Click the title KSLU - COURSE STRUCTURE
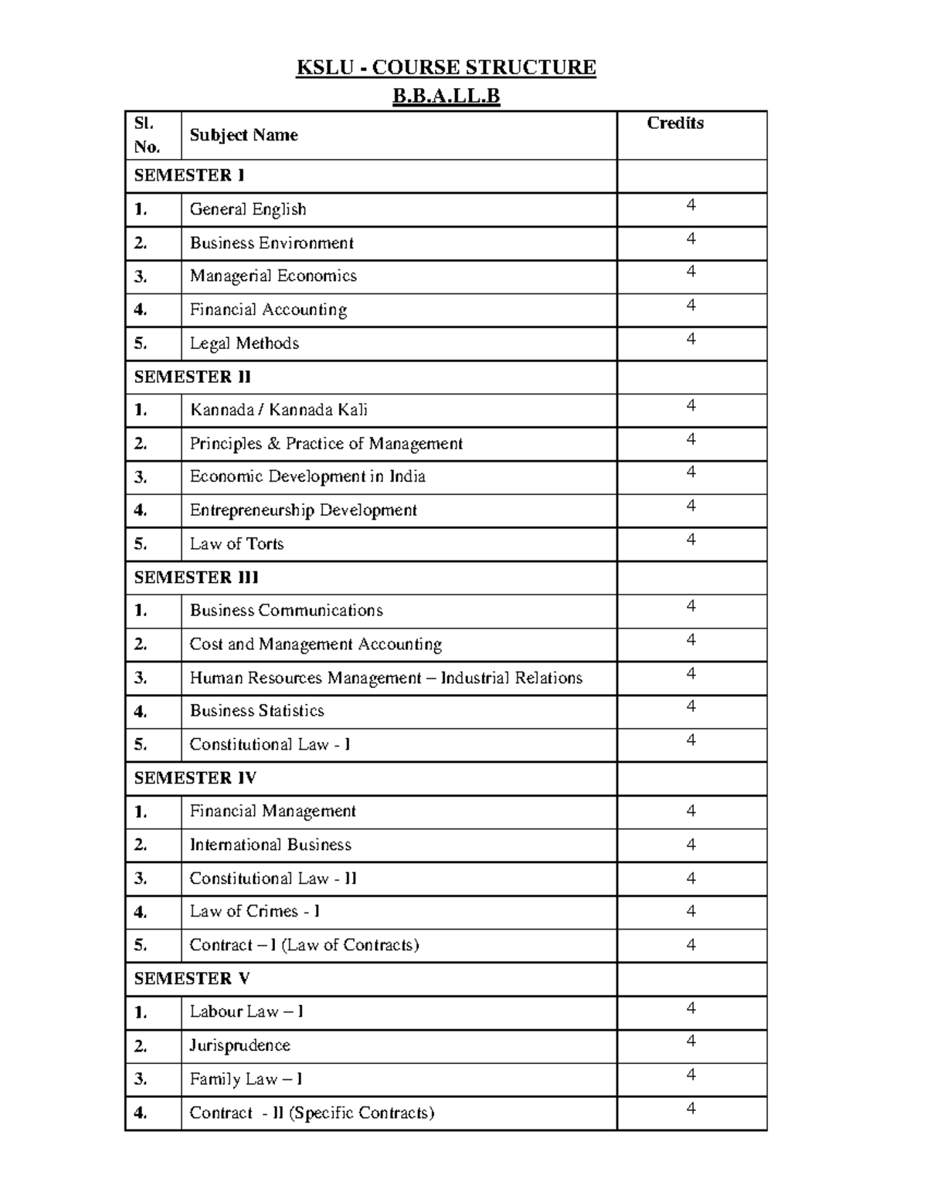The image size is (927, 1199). [x=446, y=68]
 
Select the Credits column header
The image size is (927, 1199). [x=675, y=124]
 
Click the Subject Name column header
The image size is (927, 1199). [x=243, y=135]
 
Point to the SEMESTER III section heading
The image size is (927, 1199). [x=196, y=577]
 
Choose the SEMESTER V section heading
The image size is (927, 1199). [x=192, y=979]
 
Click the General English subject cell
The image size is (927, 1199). [x=248, y=209]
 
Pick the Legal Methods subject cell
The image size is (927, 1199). [x=244, y=344]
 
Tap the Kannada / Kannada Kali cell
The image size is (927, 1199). [x=279, y=410]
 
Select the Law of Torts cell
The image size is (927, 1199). [x=236, y=544]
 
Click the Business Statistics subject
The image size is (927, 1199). [x=257, y=711]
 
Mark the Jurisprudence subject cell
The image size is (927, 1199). [x=240, y=1046]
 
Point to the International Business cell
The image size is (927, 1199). [x=270, y=845]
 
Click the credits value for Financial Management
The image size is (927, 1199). [x=691, y=811]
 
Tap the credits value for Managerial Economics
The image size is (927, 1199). [x=691, y=272]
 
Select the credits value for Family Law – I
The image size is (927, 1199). [x=691, y=1075]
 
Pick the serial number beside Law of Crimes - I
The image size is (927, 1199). [x=141, y=913]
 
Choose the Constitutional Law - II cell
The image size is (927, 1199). [x=273, y=879]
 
